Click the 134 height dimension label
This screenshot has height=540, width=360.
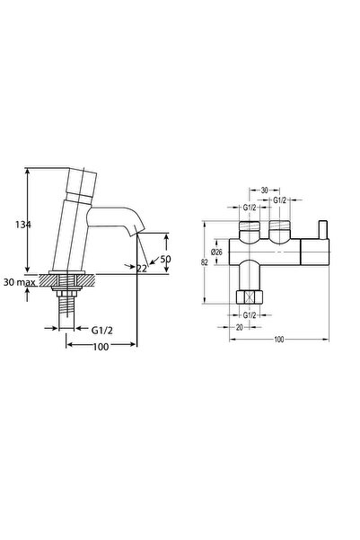pos(23,225)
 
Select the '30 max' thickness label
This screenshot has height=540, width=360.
pos(20,282)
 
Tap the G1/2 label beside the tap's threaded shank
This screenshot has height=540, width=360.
pos(101,331)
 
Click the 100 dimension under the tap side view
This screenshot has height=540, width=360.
pos(101,347)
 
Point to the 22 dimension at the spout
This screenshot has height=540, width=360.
pos(142,269)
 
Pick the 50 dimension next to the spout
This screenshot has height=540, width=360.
pos(165,259)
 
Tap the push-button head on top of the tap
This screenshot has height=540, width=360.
pos(82,181)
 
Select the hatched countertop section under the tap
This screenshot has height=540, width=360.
pos(66,280)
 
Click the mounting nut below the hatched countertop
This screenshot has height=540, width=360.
pos(66,290)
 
